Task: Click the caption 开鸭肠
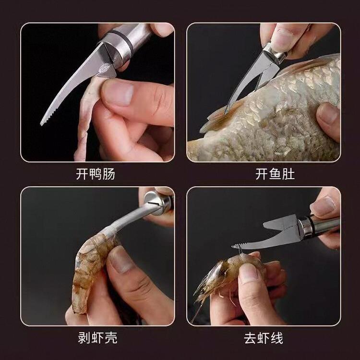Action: click(96, 174)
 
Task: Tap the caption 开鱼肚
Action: click(275, 174)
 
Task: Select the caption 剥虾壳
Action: click(97, 338)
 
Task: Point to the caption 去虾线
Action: click(264, 338)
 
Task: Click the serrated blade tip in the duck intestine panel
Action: click(42, 123)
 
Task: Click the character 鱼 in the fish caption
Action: click(275, 174)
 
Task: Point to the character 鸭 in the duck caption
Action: click(96, 174)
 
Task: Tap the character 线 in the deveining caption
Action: click(277, 338)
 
